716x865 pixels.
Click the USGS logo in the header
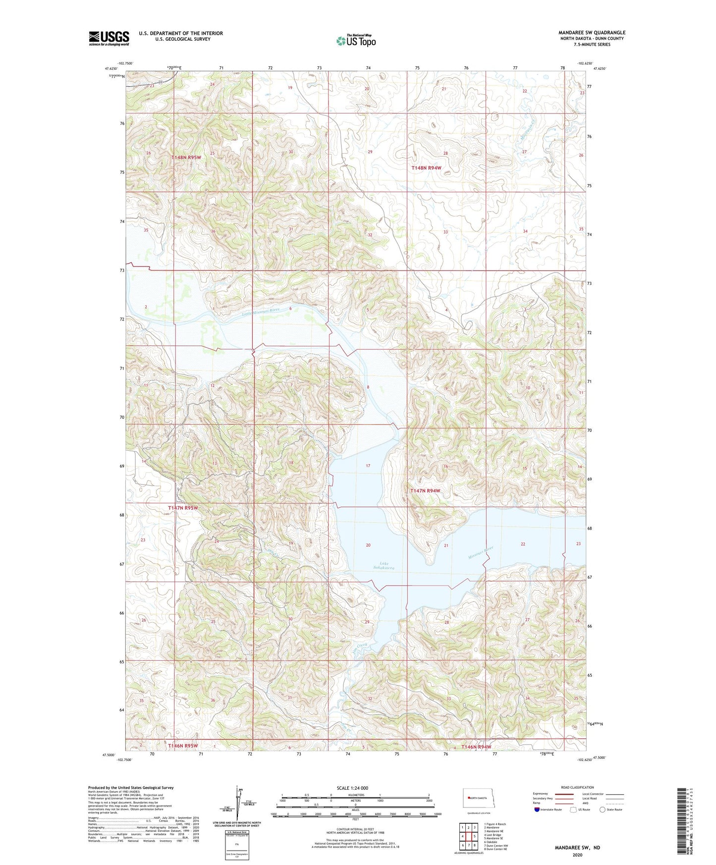109,38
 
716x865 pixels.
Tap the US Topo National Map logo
355,41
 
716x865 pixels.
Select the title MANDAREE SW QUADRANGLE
592,33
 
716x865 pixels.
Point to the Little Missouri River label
261,311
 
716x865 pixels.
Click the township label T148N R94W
426,168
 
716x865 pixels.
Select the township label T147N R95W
183,508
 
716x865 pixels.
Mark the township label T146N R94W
476,747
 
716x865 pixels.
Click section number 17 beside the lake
368,466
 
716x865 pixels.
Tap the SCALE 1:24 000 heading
352,788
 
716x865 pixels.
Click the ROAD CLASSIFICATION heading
577,787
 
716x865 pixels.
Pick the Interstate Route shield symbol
537,810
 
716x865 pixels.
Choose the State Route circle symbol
603,810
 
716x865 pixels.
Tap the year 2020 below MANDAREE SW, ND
577,855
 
